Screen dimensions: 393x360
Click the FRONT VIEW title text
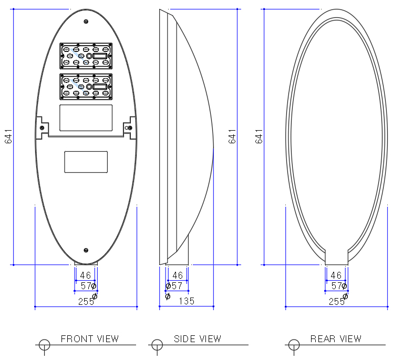(90, 339)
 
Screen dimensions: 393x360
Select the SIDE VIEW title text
(198, 339)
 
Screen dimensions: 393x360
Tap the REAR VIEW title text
(336, 339)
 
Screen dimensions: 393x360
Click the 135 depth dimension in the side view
(187, 301)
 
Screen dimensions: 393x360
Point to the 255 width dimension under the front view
(86, 301)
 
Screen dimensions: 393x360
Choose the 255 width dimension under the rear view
(337, 301)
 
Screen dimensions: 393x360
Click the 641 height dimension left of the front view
(8, 136)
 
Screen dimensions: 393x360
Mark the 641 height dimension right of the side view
(232, 136)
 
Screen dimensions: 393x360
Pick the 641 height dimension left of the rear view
(259, 136)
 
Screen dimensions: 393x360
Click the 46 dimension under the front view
(86, 276)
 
